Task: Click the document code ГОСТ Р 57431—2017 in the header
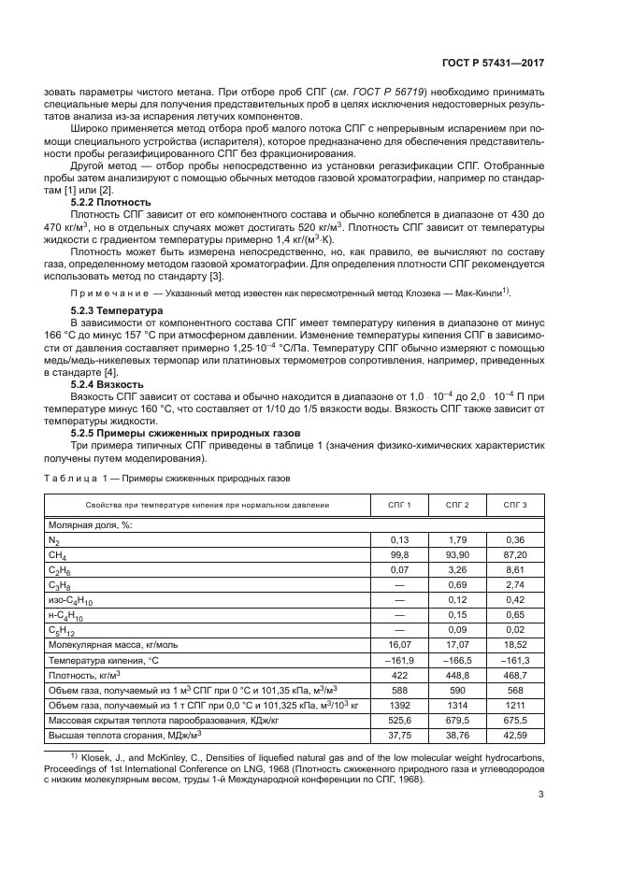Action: click(x=494, y=63)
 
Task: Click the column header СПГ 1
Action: click(x=400, y=505)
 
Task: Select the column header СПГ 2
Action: click(x=457, y=505)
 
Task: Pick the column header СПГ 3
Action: click(x=515, y=505)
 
